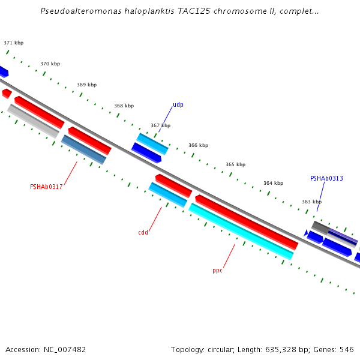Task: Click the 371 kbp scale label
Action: click(x=13, y=43)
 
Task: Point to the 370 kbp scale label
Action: click(x=50, y=64)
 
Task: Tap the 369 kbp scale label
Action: click(x=86, y=85)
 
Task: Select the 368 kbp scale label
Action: click(x=124, y=106)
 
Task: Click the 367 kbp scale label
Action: click(x=160, y=126)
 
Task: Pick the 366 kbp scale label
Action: click(x=198, y=146)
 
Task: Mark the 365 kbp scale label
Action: click(x=235, y=165)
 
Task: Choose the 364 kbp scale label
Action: click(x=273, y=184)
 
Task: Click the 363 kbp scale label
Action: click(x=311, y=202)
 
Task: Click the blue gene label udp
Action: click(x=178, y=105)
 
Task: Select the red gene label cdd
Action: click(x=143, y=233)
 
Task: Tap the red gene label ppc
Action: click(x=217, y=271)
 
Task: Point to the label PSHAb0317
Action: click(x=46, y=187)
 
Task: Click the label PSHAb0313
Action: click(x=326, y=179)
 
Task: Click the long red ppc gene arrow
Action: click(x=246, y=221)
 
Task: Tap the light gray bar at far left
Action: click(x=33, y=121)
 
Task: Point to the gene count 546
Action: click(x=347, y=350)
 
